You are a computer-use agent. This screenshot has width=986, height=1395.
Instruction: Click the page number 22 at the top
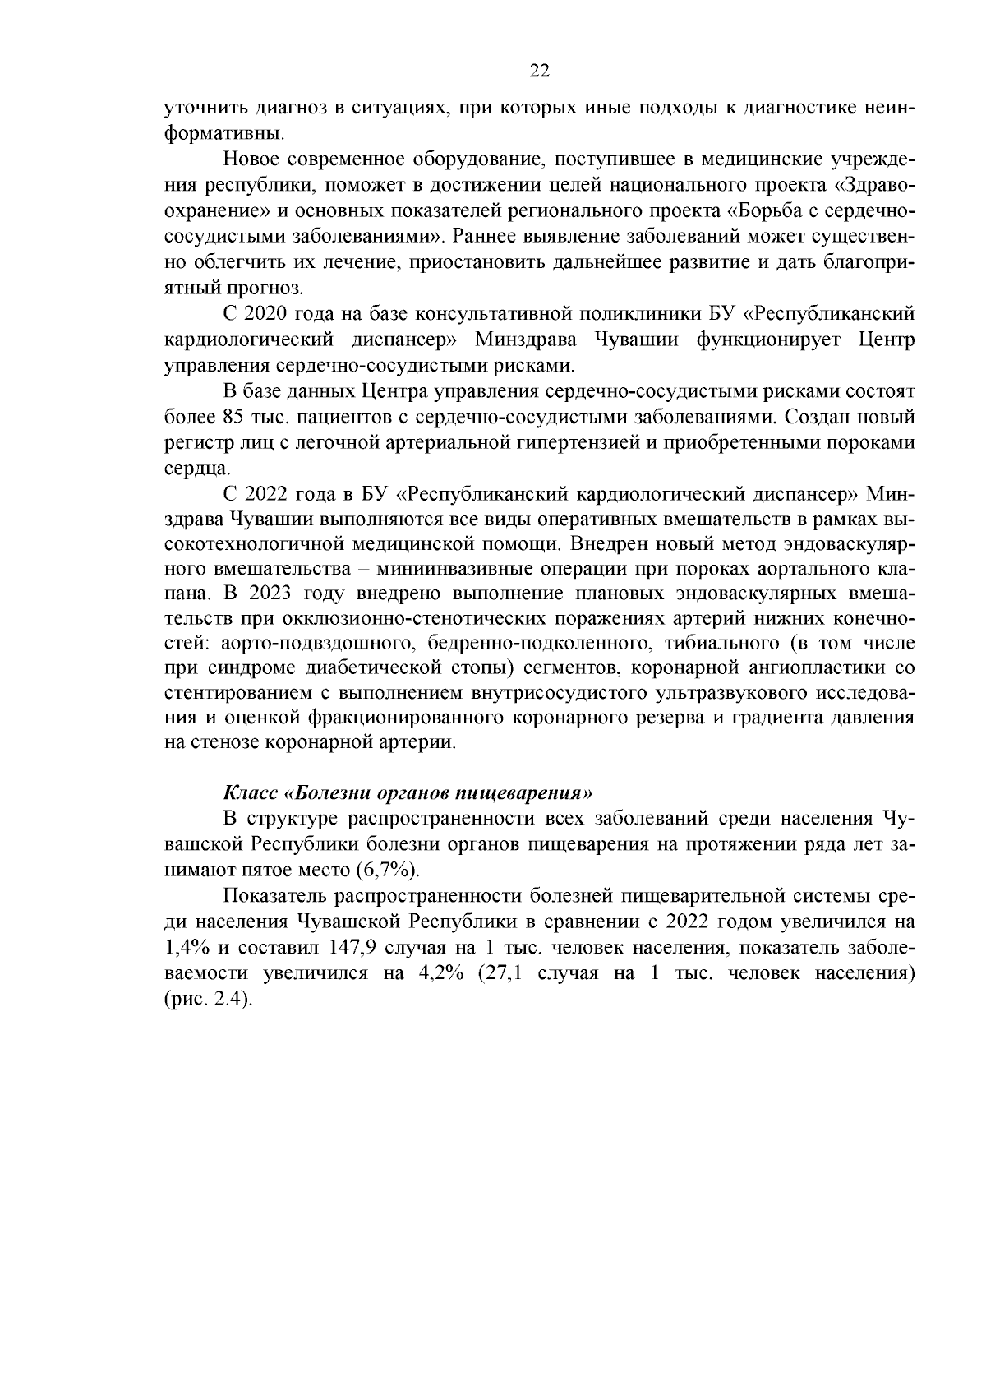pyautogui.click(x=539, y=71)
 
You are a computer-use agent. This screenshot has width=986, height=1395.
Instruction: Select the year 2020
pyautogui.click(x=261, y=314)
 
